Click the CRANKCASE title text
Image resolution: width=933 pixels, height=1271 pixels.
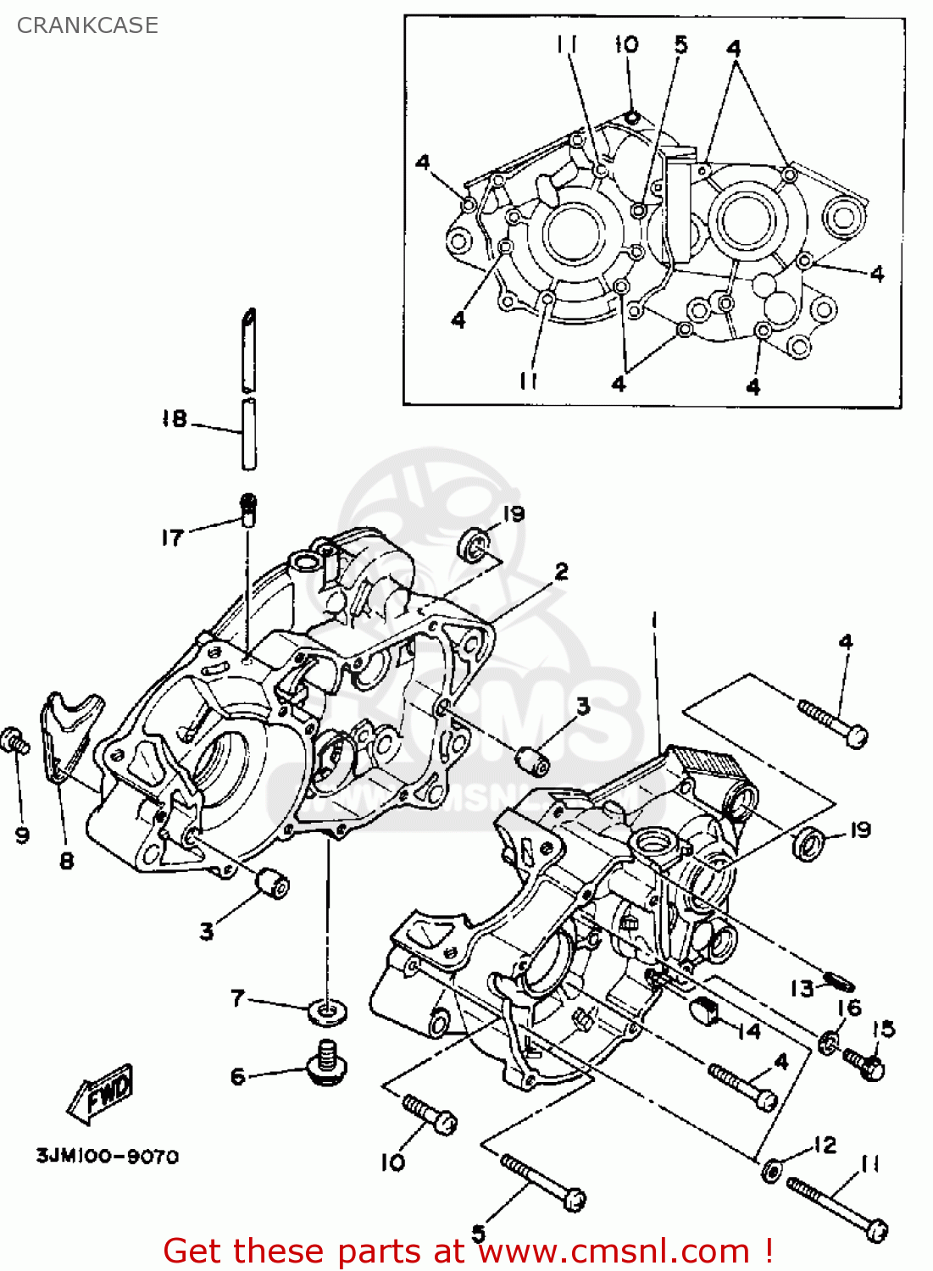[87, 25]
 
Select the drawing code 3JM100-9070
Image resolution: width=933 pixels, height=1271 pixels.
[107, 1157]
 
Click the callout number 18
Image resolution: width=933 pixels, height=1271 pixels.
[174, 419]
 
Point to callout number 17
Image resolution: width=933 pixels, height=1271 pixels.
[172, 537]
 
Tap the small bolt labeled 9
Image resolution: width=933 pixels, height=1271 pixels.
[14, 741]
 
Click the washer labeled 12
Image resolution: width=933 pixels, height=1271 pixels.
[772, 1170]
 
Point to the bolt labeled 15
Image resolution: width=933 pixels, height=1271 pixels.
[864, 1063]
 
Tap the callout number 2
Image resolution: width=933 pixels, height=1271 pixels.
[561, 572]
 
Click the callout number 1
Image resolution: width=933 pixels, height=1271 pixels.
[653, 621]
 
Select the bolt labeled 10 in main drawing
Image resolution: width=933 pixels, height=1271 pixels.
[430, 1114]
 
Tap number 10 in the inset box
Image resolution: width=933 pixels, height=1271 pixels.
[626, 44]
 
